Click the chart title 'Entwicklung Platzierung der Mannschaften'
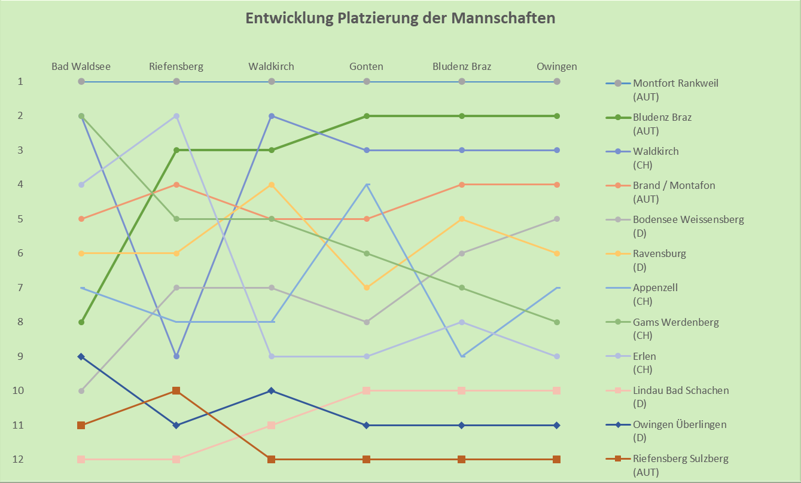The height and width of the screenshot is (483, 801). (400, 19)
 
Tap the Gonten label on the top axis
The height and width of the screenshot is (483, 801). (366, 66)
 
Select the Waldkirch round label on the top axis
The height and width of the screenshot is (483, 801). (272, 66)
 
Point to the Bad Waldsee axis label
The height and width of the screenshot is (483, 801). (81, 66)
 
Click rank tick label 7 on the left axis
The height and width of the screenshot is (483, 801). (20, 288)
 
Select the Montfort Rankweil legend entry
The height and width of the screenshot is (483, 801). (675, 83)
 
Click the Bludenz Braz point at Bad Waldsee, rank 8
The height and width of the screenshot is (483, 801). (81, 322)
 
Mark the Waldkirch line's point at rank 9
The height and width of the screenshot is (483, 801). (176, 356)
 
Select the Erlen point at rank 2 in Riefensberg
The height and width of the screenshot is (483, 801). (176, 116)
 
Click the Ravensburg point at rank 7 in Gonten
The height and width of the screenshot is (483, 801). (366, 288)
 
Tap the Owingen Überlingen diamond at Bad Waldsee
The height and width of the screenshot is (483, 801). (81, 356)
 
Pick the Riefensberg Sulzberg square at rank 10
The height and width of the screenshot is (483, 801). (176, 390)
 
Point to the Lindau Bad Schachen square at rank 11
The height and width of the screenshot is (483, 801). (272, 425)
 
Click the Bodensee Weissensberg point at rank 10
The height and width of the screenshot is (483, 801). (81, 390)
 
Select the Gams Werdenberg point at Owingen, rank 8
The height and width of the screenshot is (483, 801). (556, 322)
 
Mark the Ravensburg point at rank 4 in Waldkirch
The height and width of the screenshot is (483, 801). (272, 185)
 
